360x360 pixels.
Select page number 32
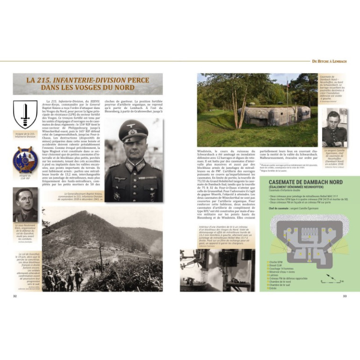(x=15, y=296)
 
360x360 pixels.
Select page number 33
(x=345, y=296)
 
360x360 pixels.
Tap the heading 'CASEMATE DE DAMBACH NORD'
(x=306, y=182)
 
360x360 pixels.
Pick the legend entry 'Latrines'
(x=275, y=275)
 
